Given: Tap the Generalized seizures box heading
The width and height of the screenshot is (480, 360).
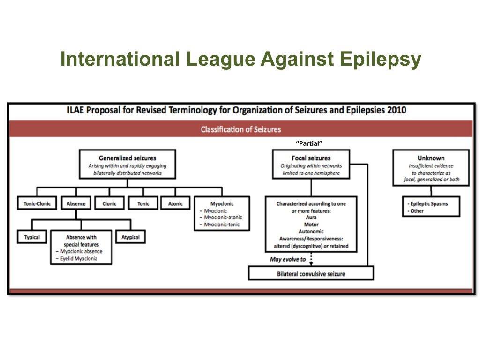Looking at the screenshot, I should (127, 158).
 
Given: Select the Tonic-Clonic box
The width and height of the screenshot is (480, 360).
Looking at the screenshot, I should (37, 204).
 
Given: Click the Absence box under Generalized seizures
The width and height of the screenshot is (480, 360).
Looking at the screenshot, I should (76, 204).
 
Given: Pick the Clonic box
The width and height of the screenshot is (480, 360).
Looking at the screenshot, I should (109, 204).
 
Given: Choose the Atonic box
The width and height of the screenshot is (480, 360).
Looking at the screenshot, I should (175, 204).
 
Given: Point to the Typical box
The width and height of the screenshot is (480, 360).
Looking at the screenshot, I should (32, 237).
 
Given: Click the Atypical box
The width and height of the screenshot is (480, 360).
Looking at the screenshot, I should (130, 237).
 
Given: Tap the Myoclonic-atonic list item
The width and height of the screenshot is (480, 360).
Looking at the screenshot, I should (223, 217).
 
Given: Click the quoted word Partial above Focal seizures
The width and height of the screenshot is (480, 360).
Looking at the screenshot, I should (310, 142).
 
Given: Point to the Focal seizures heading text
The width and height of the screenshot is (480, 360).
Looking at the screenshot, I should (311, 158).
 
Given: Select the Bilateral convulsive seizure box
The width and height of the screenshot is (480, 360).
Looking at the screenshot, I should (311, 273).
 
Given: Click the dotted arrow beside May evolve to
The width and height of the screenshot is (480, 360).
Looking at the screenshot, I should (311, 259).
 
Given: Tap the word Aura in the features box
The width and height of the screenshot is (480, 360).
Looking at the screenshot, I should (311, 217).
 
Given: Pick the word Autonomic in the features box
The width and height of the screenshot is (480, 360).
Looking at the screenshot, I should (311, 232).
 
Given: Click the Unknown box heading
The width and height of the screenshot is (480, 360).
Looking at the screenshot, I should (431, 158).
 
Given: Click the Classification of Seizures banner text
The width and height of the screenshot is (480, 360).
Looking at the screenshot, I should (241, 129).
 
